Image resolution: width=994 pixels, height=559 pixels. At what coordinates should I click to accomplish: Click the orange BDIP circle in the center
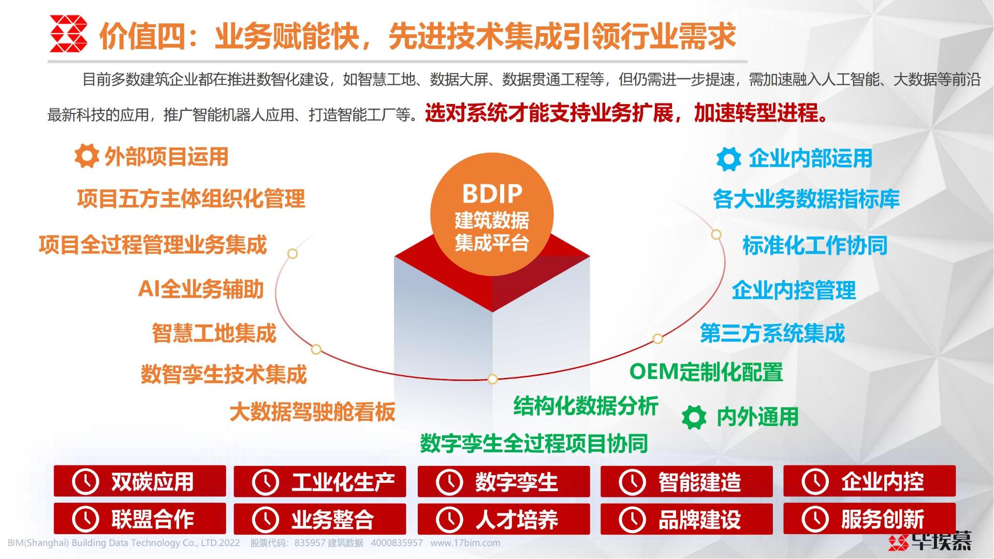tap(492, 214)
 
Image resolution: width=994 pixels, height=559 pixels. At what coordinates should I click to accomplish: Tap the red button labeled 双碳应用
tap(140, 481)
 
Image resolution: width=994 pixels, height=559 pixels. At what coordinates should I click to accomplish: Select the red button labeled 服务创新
tap(869, 519)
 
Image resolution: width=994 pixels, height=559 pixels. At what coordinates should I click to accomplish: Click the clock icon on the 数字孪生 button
tap(449, 482)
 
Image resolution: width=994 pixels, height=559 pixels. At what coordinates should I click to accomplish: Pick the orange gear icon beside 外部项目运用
tap(86, 156)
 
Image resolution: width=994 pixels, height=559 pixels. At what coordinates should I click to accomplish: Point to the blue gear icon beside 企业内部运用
tap(729, 159)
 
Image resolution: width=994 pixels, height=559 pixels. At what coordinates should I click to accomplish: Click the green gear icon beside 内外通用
tap(694, 417)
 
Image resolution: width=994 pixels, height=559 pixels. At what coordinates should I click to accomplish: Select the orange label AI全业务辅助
tap(201, 289)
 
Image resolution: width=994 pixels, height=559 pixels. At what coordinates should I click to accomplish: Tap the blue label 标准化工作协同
tap(815, 245)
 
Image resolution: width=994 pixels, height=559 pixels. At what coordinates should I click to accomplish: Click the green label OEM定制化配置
tap(706, 372)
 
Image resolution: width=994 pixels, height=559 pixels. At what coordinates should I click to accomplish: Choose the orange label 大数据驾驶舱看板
tap(313, 412)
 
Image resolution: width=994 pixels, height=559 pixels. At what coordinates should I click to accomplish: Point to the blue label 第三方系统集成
tap(772, 333)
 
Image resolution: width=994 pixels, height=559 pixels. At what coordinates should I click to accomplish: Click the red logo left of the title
tap(68, 34)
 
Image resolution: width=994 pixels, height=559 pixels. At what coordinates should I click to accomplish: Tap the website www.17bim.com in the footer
tap(465, 543)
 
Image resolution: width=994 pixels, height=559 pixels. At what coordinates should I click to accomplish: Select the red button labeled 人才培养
tap(504, 519)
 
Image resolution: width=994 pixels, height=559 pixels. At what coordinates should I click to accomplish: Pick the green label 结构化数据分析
tap(586, 406)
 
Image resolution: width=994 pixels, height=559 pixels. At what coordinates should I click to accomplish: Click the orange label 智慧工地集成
tap(214, 333)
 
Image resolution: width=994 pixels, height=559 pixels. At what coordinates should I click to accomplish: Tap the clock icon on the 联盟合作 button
tap(85, 519)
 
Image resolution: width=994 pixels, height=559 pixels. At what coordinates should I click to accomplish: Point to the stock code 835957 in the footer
tap(310, 543)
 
